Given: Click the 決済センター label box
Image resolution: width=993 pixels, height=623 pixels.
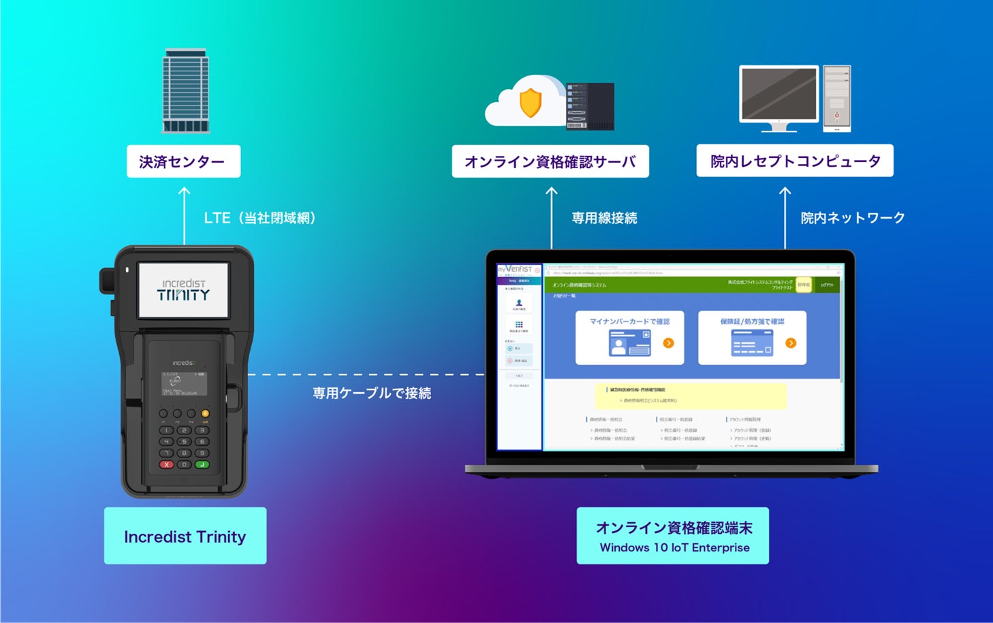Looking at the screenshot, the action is tap(183, 161).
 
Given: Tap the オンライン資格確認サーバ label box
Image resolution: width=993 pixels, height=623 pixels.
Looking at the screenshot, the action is tap(550, 161).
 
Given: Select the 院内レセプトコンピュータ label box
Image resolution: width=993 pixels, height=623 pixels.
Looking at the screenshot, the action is tap(795, 161).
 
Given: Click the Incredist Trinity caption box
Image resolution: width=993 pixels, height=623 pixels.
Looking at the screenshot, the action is tap(185, 536).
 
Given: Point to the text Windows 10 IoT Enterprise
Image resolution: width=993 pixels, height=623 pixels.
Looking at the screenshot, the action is tap(674, 547).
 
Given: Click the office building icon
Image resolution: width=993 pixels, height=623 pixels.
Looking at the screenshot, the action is tap(185, 91).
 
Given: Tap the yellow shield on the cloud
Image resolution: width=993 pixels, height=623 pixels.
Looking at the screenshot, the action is tap(530, 103).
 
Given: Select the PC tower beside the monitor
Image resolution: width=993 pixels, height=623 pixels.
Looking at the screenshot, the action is tap(837, 98).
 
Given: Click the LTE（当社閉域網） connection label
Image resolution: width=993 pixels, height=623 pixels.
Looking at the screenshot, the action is tap(259, 218).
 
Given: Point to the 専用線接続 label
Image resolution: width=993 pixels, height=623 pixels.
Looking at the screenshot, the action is tap(604, 218).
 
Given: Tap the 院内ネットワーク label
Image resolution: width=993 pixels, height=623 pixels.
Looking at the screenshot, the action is tap(853, 218).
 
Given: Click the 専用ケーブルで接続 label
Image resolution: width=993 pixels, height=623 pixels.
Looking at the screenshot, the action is tap(372, 393).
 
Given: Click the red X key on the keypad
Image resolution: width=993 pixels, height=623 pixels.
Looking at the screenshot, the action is tap(167, 464).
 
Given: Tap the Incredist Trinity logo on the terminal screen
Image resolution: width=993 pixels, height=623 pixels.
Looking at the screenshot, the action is tap(184, 290).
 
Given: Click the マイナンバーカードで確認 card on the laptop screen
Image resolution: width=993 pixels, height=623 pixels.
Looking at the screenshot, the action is tap(629, 338).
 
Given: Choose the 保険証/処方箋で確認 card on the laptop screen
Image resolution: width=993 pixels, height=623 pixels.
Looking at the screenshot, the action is tap(752, 338).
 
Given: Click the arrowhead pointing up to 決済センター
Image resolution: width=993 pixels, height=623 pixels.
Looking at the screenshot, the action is tap(184, 192).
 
